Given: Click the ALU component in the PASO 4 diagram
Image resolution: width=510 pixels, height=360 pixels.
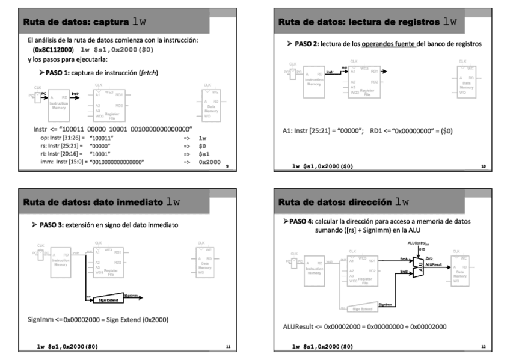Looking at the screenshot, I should tap(419, 267).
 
